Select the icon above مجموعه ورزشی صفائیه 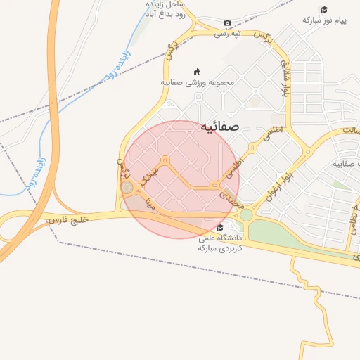click(197, 71)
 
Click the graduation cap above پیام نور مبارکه click(324, 9)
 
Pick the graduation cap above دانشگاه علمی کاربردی click(220, 227)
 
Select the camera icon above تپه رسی click(227, 23)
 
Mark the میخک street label click(150, 174)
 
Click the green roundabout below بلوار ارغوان click(246, 214)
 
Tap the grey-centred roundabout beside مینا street click(127, 188)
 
